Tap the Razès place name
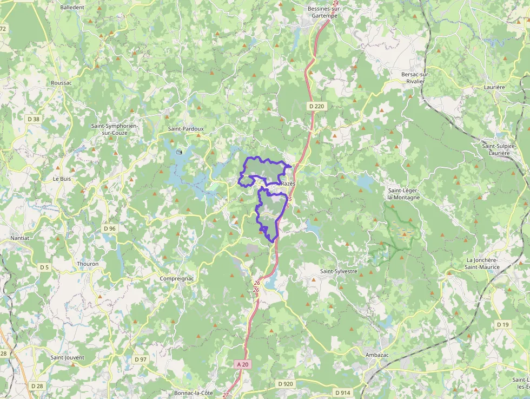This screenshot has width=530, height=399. click(x=288, y=184)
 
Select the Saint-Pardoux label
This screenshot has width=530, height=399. click(x=186, y=129)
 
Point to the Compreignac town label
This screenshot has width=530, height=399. click(x=176, y=278)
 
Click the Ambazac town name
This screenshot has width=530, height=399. click(x=377, y=355)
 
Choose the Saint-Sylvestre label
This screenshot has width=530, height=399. click(x=339, y=271)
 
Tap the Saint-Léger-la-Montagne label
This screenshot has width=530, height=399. click(x=403, y=194)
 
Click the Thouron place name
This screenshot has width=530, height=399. click(x=88, y=264)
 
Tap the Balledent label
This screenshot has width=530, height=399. click(x=72, y=8)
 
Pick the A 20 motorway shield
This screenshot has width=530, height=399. click(x=243, y=364)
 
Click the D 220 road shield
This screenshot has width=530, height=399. click(x=316, y=106)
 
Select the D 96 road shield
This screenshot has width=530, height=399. click(x=109, y=228)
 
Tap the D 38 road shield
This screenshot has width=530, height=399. click(x=33, y=119)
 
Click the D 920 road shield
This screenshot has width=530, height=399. click(x=285, y=384)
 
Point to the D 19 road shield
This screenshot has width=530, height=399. click(x=502, y=324)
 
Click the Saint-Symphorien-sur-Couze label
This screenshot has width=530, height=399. click(x=114, y=129)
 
